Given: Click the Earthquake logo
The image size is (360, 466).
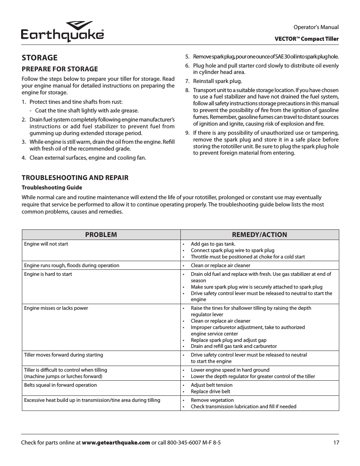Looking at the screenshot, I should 63,32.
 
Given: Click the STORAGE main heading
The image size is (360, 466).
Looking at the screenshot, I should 40,58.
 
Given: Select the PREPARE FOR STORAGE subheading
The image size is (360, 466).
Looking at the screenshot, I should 60,69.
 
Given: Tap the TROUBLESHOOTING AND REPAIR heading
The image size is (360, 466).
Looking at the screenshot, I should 75,178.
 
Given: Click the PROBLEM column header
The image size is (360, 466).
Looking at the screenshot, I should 101,235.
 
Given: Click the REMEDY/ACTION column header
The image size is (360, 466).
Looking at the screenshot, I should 259,235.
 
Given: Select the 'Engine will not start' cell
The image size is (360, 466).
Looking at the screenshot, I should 46,244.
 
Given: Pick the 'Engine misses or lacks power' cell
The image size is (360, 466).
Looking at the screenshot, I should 56,308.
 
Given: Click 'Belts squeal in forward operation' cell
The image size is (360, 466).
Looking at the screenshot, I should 60,385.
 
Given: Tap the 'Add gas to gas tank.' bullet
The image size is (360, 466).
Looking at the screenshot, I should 213,244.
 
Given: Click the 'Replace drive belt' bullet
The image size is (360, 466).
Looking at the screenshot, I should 210,392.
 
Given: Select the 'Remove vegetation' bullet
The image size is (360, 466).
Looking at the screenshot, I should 212,400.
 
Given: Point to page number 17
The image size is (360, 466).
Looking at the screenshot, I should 336,443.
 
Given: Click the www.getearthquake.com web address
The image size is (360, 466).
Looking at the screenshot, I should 116,443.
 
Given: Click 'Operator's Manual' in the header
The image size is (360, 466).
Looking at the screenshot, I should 316,27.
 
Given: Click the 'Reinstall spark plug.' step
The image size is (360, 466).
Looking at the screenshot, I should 217,81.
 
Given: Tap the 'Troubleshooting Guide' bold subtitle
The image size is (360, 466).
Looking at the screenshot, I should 52,188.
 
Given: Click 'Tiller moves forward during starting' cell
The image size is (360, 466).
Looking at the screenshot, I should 63,355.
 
